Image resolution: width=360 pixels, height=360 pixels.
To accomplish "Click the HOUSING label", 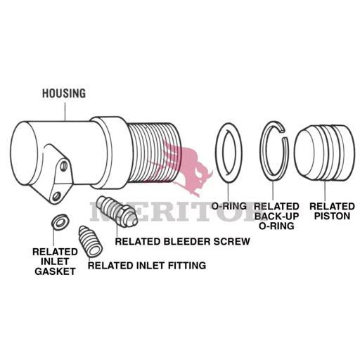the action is (x=64, y=94).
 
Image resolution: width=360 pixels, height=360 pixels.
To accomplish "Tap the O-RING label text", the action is (x=229, y=206).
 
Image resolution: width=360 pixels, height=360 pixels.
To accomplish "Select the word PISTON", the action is (x=332, y=216).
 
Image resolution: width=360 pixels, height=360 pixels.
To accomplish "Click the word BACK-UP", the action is (x=276, y=216).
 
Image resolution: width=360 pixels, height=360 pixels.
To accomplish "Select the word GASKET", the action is (x=55, y=271).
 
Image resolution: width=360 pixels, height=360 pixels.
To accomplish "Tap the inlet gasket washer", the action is (x=60, y=221).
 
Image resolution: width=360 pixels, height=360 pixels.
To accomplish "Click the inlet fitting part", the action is (x=90, y=241).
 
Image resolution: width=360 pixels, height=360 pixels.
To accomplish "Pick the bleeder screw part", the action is (x=117, y=210).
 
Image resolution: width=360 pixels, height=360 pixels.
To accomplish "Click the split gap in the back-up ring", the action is (x=284, y=134).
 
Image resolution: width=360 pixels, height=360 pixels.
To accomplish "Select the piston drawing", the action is (x=324, y=153).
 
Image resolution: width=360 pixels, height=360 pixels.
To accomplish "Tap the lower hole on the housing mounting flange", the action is (x=56, y=196).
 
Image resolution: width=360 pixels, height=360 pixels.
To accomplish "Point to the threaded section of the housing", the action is (x=153, y=153).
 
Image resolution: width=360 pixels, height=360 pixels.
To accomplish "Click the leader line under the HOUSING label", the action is (x=65, y=112).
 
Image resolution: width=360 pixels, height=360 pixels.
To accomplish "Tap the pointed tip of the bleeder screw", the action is (x=136, y=221).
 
